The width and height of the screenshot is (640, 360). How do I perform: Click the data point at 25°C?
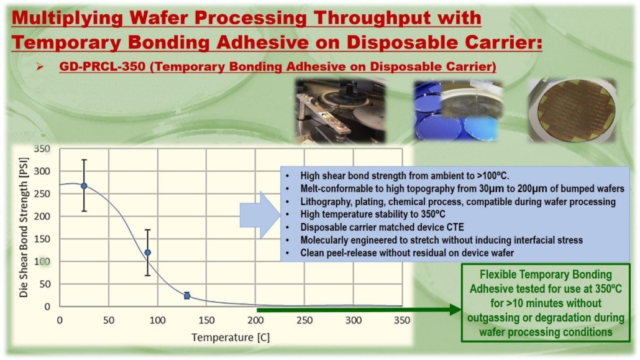pos(84,185)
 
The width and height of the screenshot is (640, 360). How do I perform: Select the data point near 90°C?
pos(148,252)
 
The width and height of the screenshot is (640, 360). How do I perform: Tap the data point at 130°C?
pos(187,295)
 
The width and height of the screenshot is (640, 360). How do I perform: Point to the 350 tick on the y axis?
pos(42,149)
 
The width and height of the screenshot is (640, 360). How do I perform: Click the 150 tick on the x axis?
pos(206,320)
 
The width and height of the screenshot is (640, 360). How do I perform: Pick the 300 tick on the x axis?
pos(354,320)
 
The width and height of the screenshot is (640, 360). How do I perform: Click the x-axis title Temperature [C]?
pos(231,338)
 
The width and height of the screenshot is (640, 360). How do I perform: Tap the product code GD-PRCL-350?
pos(103,66)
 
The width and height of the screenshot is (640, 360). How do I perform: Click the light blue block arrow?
pos(260,215)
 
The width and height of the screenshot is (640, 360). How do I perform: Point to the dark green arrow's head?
pos(455,310)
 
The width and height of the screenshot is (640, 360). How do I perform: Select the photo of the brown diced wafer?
pos(572,110)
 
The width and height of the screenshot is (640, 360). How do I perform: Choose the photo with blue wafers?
pos(459,110)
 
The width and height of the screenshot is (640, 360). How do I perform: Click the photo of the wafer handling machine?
pos(341,111)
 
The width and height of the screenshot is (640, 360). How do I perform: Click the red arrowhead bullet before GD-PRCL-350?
pos(40,67)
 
